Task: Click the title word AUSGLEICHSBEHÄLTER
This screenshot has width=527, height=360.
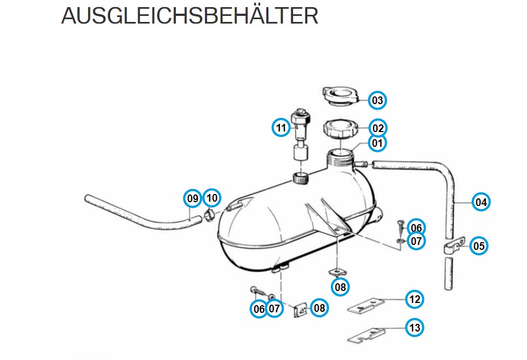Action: click(x=190, y=15)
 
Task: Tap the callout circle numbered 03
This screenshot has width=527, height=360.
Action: click(x=377, y=100)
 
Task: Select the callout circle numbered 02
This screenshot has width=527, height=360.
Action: click(x=378, y=128)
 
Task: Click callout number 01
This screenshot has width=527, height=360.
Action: click(x=377, y=143)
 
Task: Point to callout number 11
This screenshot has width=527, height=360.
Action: click(x=281, y=128)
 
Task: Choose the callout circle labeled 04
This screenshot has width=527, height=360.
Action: click(x=481, y=202)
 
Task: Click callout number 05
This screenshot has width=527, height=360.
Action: click(x=479, y=245)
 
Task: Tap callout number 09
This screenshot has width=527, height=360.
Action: click(x=193, y=198)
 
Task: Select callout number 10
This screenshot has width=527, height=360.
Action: click(x=212, y=198)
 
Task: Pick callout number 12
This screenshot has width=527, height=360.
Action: click(x=414, y=299)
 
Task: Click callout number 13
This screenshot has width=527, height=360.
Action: click(x=414, y=327)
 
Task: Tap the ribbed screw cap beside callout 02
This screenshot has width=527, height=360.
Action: click(x=340, y=129)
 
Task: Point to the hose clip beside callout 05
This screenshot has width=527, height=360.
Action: click(x=454, y=245)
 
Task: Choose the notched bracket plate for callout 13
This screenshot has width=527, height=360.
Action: click(x=366, y=335)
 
